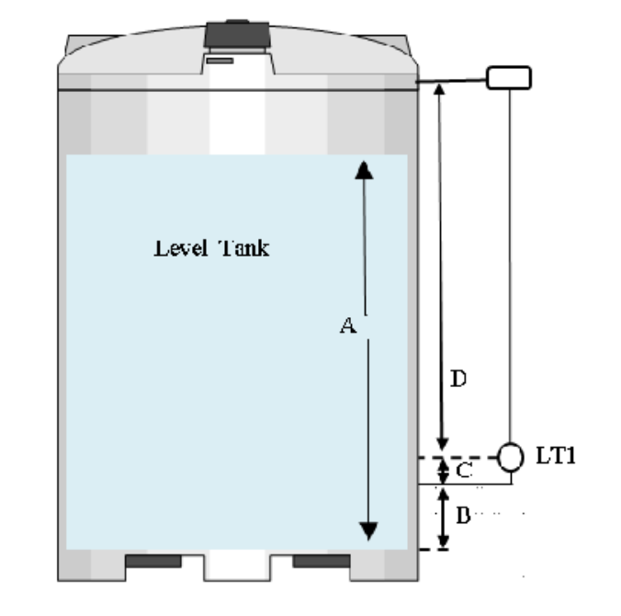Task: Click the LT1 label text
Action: (x=556, y=455)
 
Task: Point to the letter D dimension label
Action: (x=459, y=378)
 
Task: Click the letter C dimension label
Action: (x=464, y=471)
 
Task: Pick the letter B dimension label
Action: (x=463, y=517)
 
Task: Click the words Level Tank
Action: (x=211, y=248)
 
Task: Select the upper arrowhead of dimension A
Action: (x=365, y=168)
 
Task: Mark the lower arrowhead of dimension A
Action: (x=367, y=530)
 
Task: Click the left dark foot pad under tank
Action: (x=152, y=561)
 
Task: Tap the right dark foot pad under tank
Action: (x=321, y=561)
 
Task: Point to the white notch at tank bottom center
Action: (x=237, y=565)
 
